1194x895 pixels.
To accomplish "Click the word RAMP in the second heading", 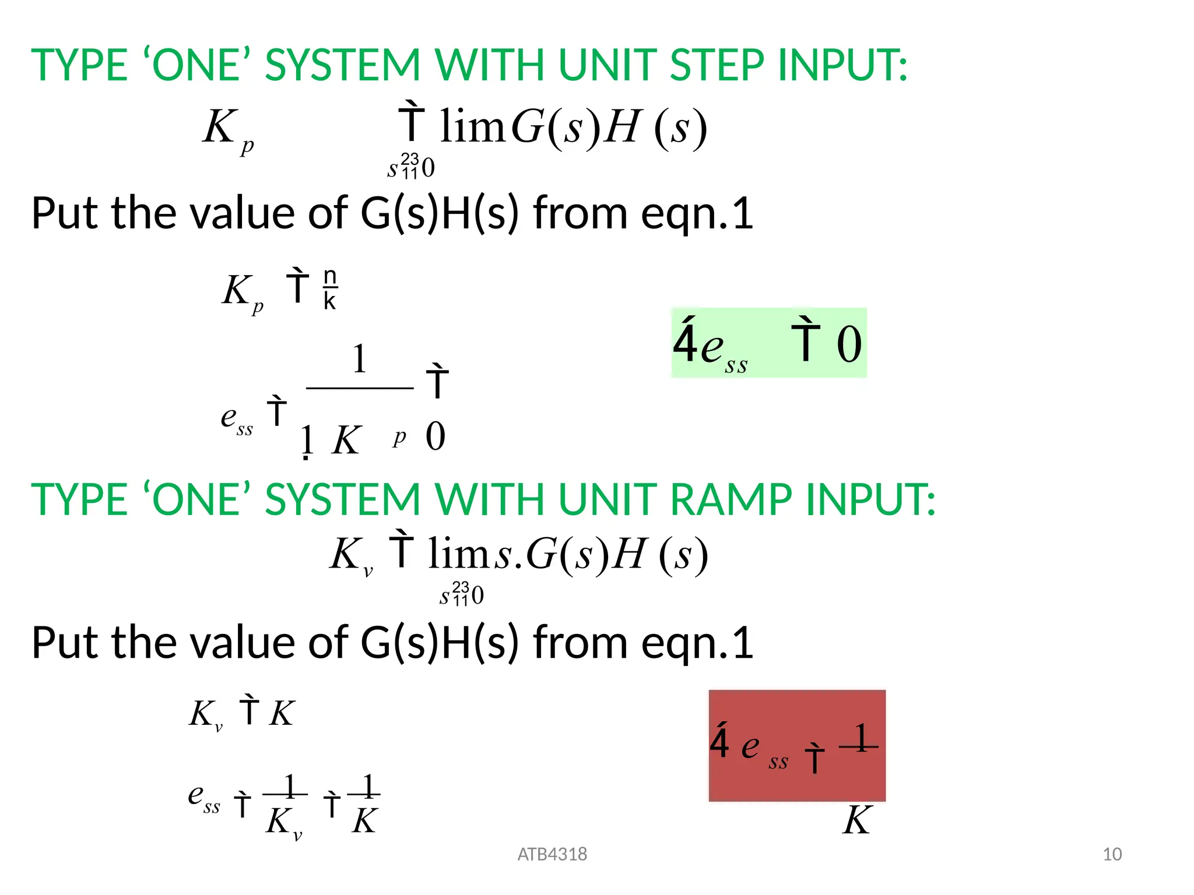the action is pyautogui.click(x=731, y=500).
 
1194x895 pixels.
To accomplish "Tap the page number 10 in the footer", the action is pyautogui.click(x=1112, y=854).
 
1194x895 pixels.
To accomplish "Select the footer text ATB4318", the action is pyautogui.click(x=552, y=854).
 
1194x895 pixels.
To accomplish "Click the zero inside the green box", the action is pyautogui.click(x=849, y=344).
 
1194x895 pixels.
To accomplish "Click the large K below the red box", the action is pyautogui.click(x=856, y=820).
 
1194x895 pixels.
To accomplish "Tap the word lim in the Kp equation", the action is pyautogui.click(x=472, y=126).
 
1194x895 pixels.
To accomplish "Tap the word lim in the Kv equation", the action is pyautogui.click(x=460, y=554).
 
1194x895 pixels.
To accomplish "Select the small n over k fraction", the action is pyautogui.click(x=330, y=289).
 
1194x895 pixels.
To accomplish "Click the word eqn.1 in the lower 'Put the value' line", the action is pyautogui.click(x=697, y=643).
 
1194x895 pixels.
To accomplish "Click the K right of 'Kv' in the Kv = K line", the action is pyautogui.click(x=282, y=713).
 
